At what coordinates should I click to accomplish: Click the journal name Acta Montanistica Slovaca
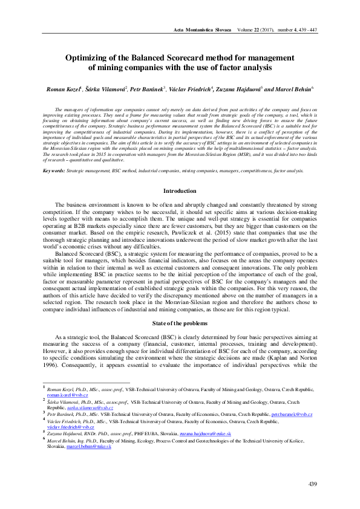[202, 30]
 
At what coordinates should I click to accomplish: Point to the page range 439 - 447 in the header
[306, 30]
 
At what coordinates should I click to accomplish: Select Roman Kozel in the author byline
[63, 89]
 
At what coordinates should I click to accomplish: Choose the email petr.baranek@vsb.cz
[292, 414]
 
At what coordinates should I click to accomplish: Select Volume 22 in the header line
[252, 30]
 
